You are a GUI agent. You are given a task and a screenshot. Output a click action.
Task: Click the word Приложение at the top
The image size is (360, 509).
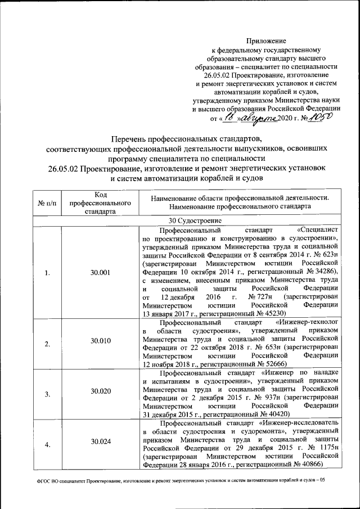click(267, 40)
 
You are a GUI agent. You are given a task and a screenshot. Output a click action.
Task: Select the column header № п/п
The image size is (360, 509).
click(47, 202)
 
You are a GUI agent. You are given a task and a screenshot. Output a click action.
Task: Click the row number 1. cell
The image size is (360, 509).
click(47, 273)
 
